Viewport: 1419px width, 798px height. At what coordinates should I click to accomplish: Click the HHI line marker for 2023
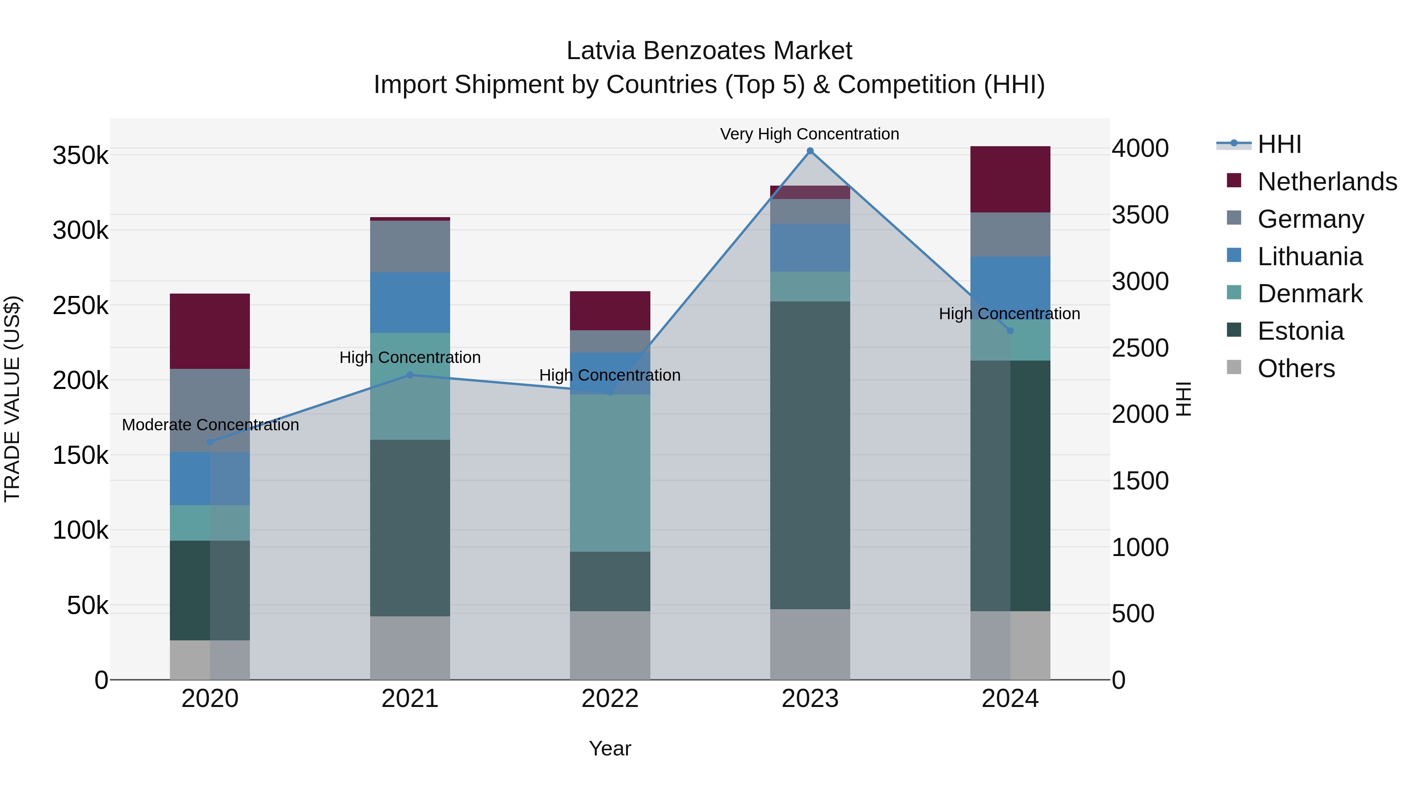coord(810,151)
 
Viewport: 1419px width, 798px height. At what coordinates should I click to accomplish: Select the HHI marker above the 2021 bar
coord(410,375)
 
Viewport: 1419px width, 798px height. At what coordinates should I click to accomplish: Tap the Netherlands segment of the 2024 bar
coord(1010,180)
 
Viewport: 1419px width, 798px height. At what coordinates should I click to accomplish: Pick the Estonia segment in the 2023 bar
coord(810,455)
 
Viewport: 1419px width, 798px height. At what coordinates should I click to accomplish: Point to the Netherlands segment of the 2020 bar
coord(210,331)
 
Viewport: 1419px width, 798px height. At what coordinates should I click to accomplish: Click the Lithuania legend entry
coord(1310,257)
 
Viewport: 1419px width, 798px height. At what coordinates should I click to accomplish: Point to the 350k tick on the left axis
coord(80,156)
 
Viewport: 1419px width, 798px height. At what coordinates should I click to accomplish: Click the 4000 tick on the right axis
coord(1140,149)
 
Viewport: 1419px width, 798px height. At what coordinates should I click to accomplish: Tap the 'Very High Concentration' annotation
coord(809,134)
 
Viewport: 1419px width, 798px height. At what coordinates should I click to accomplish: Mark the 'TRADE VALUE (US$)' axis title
coord(12,399)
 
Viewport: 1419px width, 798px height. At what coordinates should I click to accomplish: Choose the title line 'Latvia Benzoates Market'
coord(709,51)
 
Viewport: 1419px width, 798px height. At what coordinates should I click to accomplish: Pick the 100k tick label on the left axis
coord(80,530)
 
